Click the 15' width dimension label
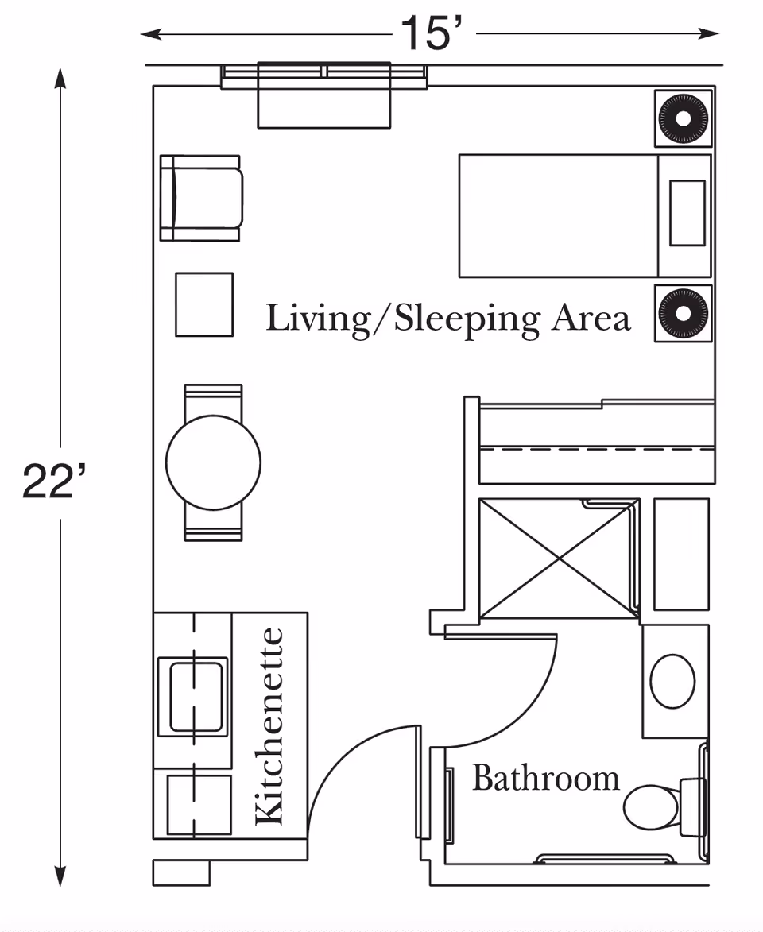tap(430, 33)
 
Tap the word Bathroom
tap(545, 777)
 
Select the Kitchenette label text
tap(269, 726)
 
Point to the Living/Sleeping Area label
tap(447, 319)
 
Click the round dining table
tap(213, 462)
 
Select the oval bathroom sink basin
tap(672, 681)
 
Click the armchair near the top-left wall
tap(202, 198)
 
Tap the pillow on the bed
tap(687, 213)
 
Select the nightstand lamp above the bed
tap(683, 118)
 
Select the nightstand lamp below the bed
tap(683, 313)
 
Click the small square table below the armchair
tap(204, 304)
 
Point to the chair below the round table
tap(213, 528)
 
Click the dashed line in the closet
tap(596, 449)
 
